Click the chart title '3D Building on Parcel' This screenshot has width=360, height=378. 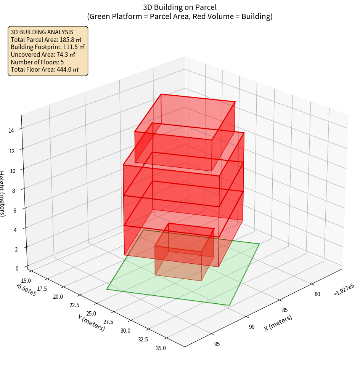(180, 7)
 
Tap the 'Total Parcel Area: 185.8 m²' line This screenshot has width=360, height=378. (46, 40)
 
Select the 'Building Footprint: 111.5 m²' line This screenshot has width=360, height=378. (48, 47)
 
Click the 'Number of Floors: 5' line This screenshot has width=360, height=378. (37, 62)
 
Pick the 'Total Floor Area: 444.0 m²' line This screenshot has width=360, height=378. (45, 69)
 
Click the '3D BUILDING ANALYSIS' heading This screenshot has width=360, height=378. (42, 32)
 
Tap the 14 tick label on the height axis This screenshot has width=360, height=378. (11, 131)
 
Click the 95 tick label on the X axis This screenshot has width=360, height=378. (217, 344)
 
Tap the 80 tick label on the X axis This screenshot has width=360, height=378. (317, 294)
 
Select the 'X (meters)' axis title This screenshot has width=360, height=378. (278, 323)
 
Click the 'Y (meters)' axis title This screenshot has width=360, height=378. (91, 322)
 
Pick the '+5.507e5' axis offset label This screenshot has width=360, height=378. (26, 290)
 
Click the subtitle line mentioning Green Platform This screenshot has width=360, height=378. (180, 16)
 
